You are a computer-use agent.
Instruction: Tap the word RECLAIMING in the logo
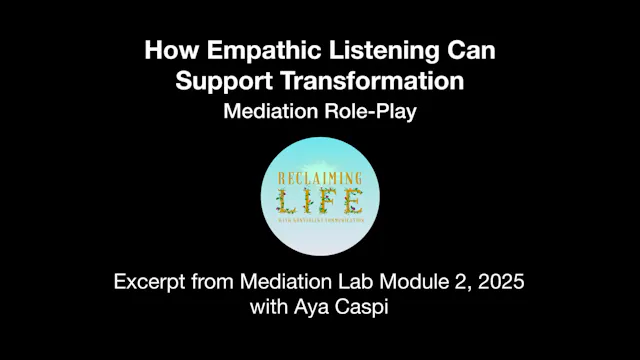(320, 179)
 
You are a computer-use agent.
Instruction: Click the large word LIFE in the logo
(320, 202)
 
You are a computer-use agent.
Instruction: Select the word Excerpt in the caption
(149, 283)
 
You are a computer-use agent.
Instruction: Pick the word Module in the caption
(398, 283)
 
